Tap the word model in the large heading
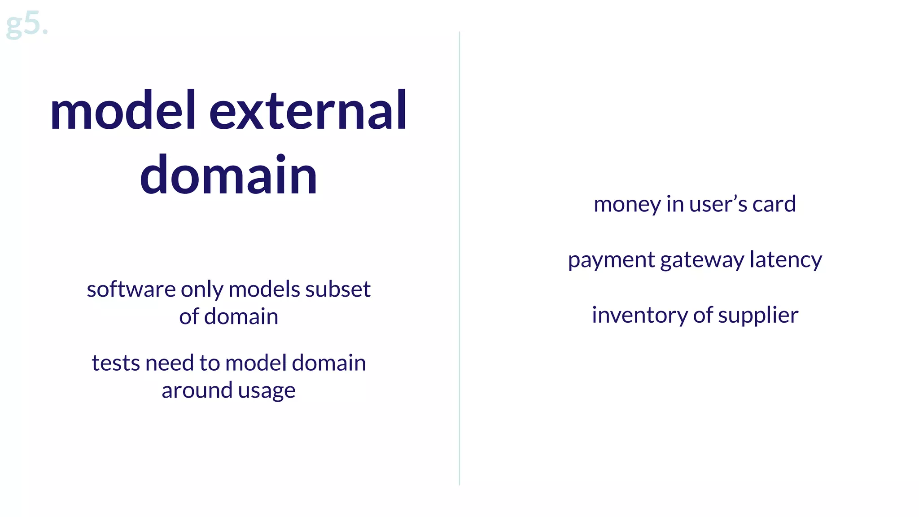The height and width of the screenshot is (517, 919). pos(123,111)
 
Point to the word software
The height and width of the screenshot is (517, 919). pos(131,289)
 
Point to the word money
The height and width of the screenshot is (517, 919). pos(627,205)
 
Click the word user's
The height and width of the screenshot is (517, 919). pos(718,205)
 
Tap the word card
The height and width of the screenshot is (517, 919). pos(774,205)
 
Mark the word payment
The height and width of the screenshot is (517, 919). pos(611,260)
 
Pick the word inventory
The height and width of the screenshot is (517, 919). pos(639,315)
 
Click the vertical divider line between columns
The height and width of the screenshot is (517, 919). pos(459,258)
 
